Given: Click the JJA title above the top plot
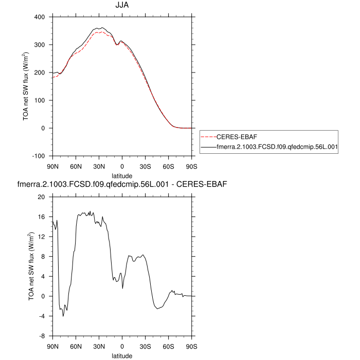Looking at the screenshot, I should tap(122, 6).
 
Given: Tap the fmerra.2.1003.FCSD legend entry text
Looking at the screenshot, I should tap(277, 147).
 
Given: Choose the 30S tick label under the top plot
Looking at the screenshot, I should tap(145, 166).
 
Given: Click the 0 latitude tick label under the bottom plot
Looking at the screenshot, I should tap(122, 346).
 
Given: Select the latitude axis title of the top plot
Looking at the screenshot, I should tap(122, 175).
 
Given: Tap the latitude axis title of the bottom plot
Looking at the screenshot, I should tap(122, 355).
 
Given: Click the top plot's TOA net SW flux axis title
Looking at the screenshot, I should tap(26, 86).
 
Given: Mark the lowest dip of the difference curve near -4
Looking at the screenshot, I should tap(63, 316).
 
